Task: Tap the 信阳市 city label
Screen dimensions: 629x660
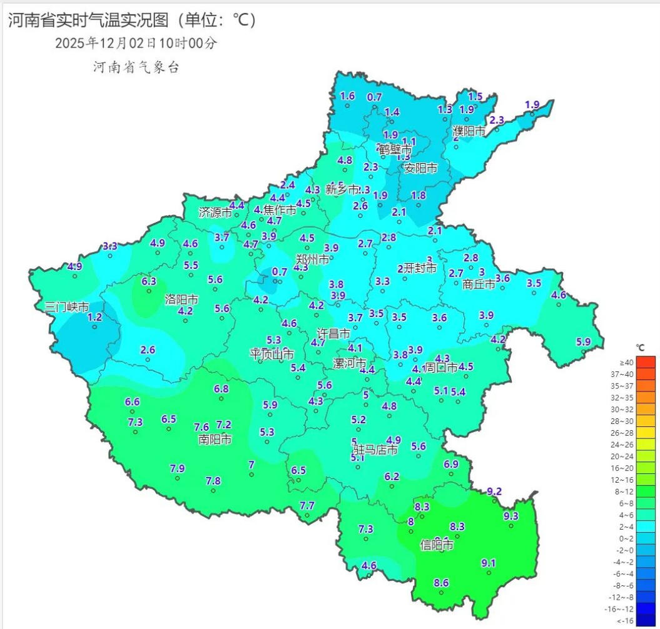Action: [x=436, y=545]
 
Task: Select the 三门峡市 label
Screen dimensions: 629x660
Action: [x=66, y=307]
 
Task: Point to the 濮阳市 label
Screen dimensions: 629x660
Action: [x=469, y=132]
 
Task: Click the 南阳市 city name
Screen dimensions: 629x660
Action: [x=215, y=439]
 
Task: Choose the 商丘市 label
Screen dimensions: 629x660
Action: [x=479, y=284]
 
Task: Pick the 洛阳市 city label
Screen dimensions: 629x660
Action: [x=181, y=299]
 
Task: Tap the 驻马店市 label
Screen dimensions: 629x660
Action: [x=375, y=450]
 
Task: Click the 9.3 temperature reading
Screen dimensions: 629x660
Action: [x=510, y=516]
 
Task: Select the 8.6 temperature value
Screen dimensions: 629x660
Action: [x=441, y=583]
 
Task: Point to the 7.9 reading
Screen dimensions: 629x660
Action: [x=177, y=468]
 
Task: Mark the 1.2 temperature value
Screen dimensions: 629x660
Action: [x=94, y=317]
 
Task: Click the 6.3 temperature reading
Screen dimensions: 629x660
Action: [x=149, y=281]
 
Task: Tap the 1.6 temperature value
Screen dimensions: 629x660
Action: [x=347, y=96]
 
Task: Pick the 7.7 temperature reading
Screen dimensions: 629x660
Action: [x=307, y=505]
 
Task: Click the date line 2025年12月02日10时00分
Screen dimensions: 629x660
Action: [x=136, y=43]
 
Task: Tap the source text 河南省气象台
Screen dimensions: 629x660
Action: [x=136, y=68]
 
